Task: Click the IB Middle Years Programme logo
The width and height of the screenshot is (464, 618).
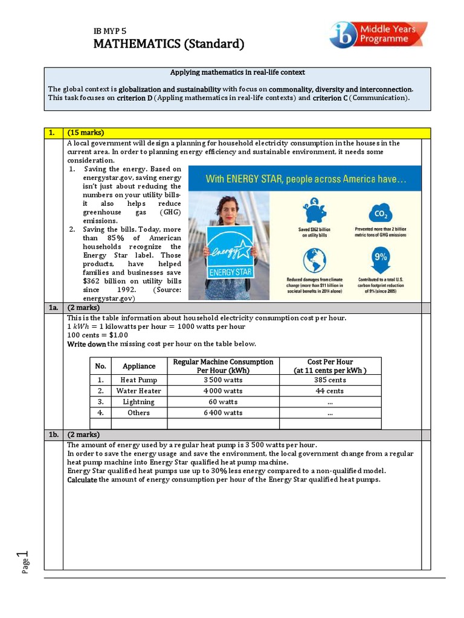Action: coord(378,34)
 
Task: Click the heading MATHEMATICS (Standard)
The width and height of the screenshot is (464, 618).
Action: coord(169,44)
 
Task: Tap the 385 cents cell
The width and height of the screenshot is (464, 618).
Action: coord(329,380)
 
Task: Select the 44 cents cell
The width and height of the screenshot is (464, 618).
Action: coord(329,391)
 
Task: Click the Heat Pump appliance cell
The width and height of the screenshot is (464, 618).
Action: coord(138,380)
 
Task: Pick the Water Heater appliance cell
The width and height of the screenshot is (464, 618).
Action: coord(138,391)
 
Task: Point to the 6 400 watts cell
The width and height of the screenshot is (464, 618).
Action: coord(223,413)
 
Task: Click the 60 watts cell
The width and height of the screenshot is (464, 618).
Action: coord(223,402)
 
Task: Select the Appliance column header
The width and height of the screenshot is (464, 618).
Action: coord(138,366)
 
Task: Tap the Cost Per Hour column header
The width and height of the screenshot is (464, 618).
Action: coord(329,366)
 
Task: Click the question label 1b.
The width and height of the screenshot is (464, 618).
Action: coord(53,435)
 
